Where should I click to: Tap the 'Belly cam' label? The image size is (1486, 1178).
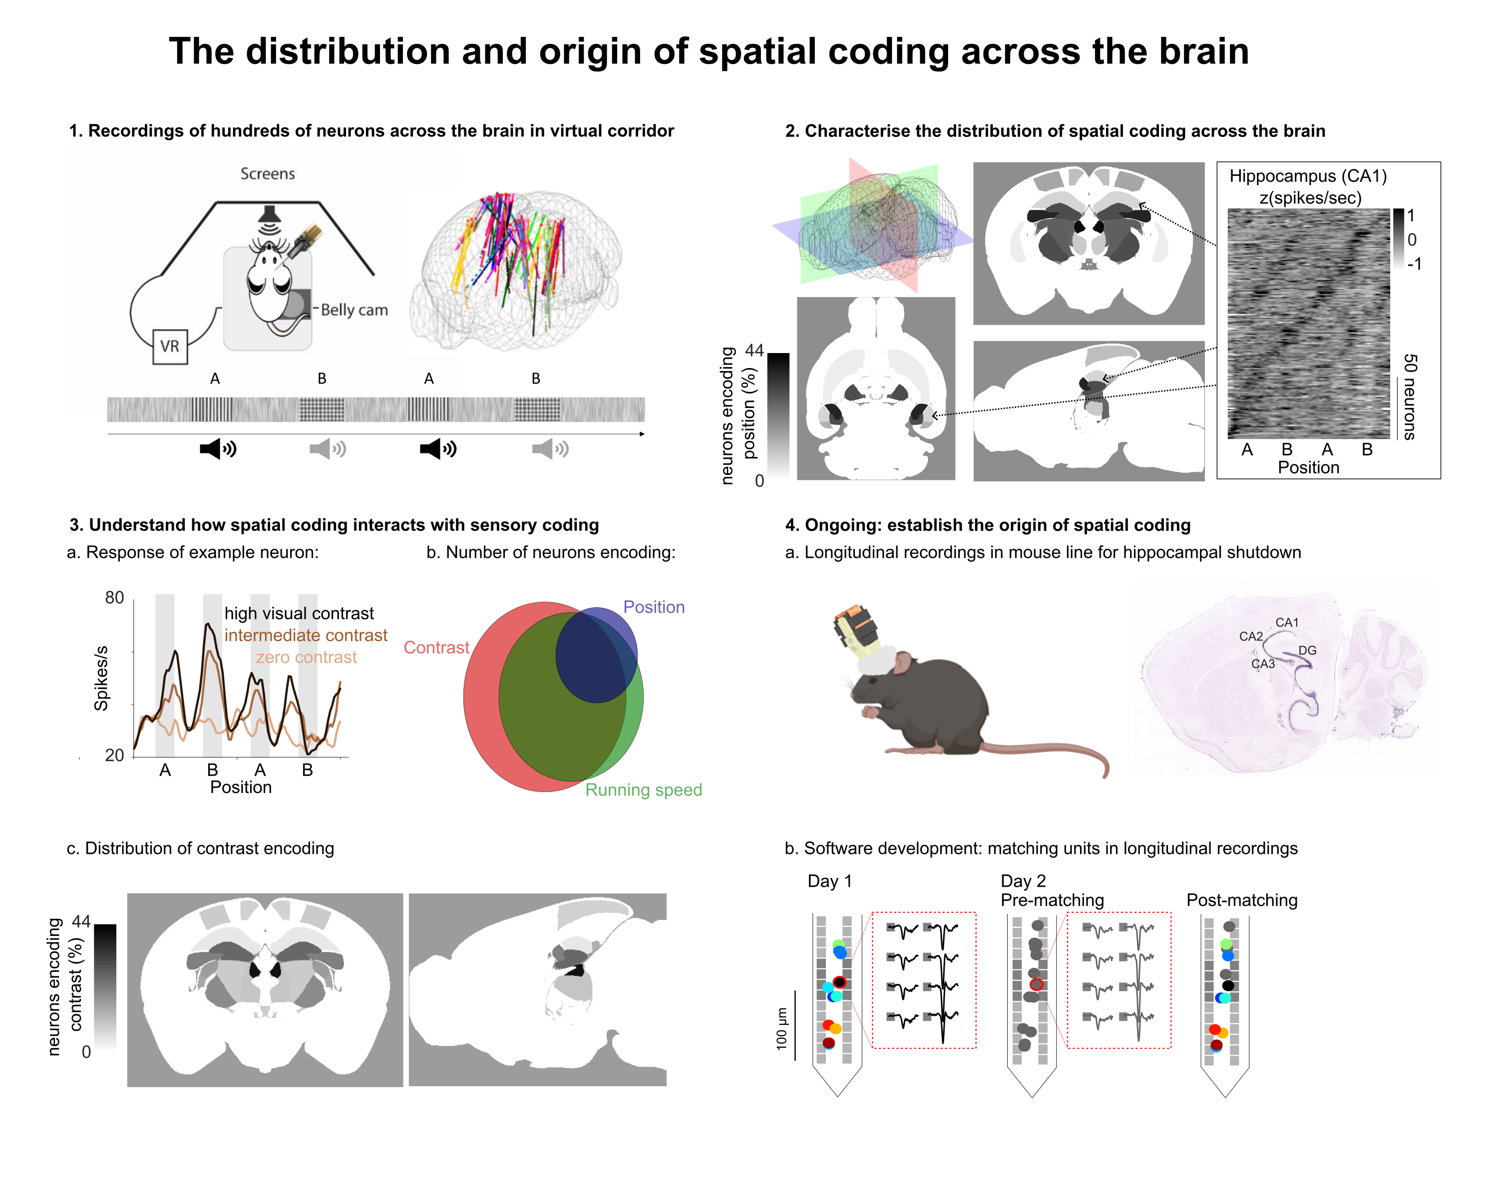tap(354, 310)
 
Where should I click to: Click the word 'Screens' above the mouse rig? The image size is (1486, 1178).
tap(268, 174)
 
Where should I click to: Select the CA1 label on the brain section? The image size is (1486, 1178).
tap(1286, 622)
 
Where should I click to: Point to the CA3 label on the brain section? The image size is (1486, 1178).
tap(1263, 664)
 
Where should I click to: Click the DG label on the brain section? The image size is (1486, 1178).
tap(1307, 650)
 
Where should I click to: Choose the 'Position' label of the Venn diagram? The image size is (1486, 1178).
tap(654, 607)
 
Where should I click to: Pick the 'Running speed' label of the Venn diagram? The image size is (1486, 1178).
tap(643, 790)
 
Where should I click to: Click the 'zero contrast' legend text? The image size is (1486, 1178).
tap(306, 658)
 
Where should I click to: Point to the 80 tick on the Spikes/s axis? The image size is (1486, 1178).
tap(114, 598)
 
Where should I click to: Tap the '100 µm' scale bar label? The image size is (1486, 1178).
tap(781, 1028)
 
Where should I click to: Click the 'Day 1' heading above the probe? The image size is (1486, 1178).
tap(829, 881)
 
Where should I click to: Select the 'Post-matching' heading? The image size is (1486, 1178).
tap(1241, 900)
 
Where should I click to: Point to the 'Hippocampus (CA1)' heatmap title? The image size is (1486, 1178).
tap(1307, 176)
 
